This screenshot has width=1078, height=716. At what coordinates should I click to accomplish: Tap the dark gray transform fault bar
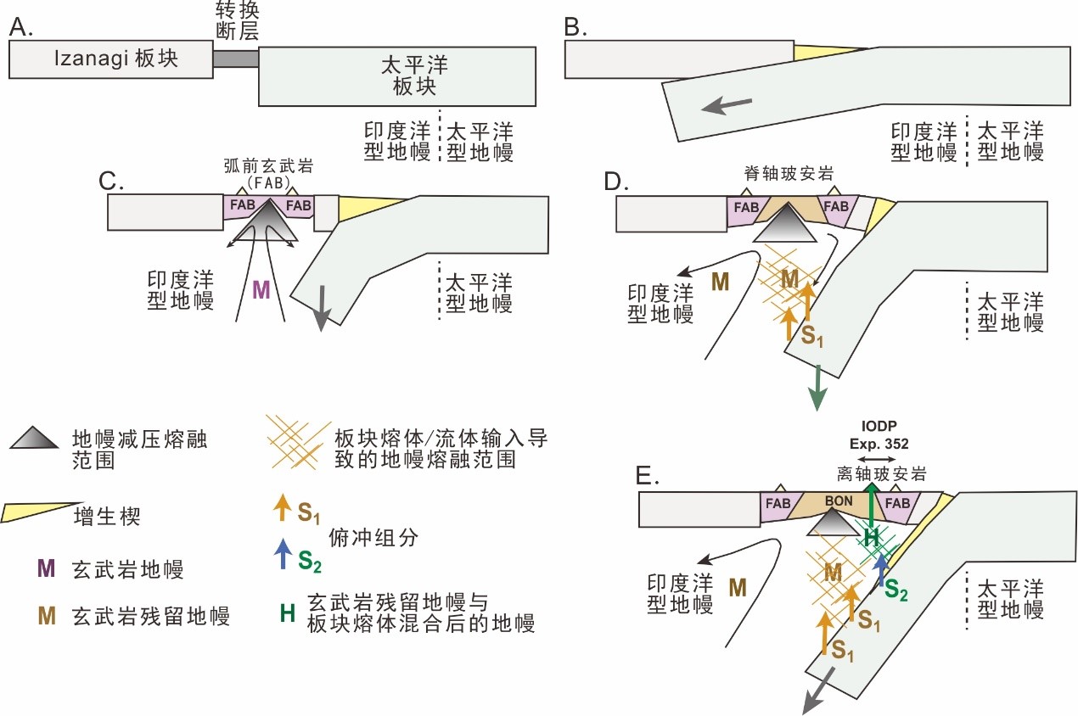pyautogui.click(x=236, y=59)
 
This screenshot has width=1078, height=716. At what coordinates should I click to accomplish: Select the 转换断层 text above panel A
pyautogui.click(x=236, y=22)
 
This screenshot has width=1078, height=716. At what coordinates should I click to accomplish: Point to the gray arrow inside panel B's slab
pyautogui.click(x=729, y=104)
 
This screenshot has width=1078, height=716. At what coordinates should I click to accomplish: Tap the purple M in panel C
pyautogui.click(x=261, y=290)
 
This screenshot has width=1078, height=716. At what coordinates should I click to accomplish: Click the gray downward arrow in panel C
pyautogui.click(x=321, y=313)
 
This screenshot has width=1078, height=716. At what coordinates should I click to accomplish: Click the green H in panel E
pyautogui.click(x=868, y=535)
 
